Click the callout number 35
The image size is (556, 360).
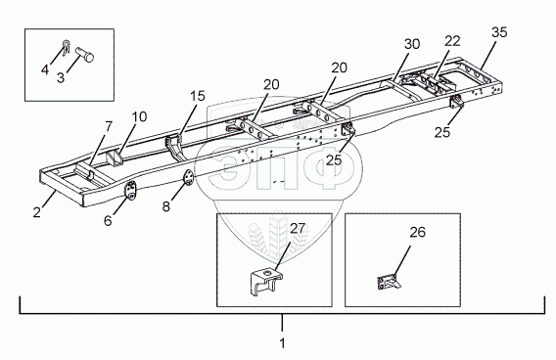coord(499,32)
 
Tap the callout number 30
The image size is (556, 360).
coord(412,44)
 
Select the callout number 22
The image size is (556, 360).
coord(452,41)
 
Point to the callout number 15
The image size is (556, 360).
coord(198,96)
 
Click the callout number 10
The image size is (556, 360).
coord(140,116)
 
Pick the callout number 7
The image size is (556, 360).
coord(109,126)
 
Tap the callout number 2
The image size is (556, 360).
coord(37,212)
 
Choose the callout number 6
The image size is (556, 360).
coord(108,220)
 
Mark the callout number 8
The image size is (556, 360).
coord(166,205)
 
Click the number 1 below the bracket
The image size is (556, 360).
coord(282,343)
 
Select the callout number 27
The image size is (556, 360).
coord(298,229)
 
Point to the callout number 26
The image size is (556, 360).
coord(417,232)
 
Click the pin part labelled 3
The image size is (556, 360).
coord(85,54)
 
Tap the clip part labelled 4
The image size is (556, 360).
coord(67,48)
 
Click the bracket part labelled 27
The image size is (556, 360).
coord(266,282)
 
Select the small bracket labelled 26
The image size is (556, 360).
coord(389,283)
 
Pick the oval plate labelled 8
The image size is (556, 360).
coord(188,177)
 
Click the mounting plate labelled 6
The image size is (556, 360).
coord(130,191)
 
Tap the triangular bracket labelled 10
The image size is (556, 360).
coord(115,158)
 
